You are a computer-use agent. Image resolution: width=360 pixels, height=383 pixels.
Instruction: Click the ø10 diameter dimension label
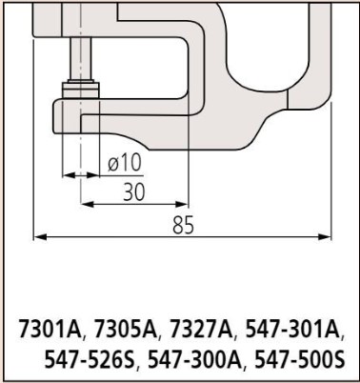click(125, 164)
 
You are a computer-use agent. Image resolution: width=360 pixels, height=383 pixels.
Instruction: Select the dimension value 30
click(134, 191)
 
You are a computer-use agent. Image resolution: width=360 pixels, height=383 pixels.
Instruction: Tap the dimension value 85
click(183, 225)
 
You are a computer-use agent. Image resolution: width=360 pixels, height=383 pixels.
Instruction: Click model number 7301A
click(50, 328)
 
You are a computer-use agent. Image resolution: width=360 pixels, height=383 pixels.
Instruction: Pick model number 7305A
click(126, 328)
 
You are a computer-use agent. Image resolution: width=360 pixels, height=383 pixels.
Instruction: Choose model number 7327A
click(202, 328)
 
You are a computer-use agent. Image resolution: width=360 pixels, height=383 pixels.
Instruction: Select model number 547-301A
click(292, 328)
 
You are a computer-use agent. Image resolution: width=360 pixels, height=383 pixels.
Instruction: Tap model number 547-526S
click(90, 360)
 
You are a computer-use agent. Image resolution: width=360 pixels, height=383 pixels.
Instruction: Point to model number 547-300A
click(194, 360)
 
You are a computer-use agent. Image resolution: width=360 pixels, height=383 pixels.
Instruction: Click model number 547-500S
click(299, 360)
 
